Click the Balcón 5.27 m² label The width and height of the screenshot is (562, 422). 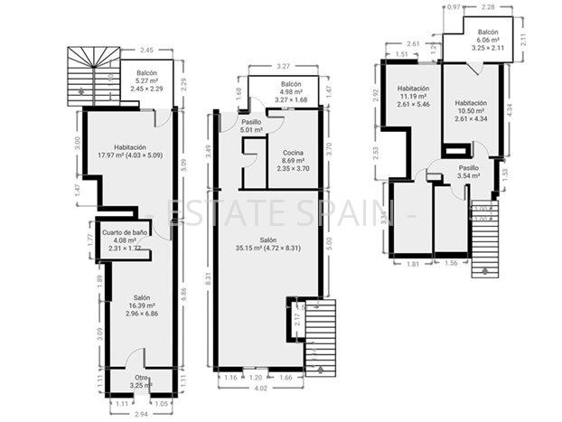(x=146, y=81)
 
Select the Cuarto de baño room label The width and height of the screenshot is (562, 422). (x=125, y=239)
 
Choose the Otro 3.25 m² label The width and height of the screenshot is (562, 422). (x=141, y=381)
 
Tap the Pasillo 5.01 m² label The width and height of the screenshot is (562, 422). (x=251, y=126)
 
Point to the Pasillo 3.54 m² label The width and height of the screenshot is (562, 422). (x=468, y=173)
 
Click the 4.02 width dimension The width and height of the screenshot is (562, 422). (x=259, y=389)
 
